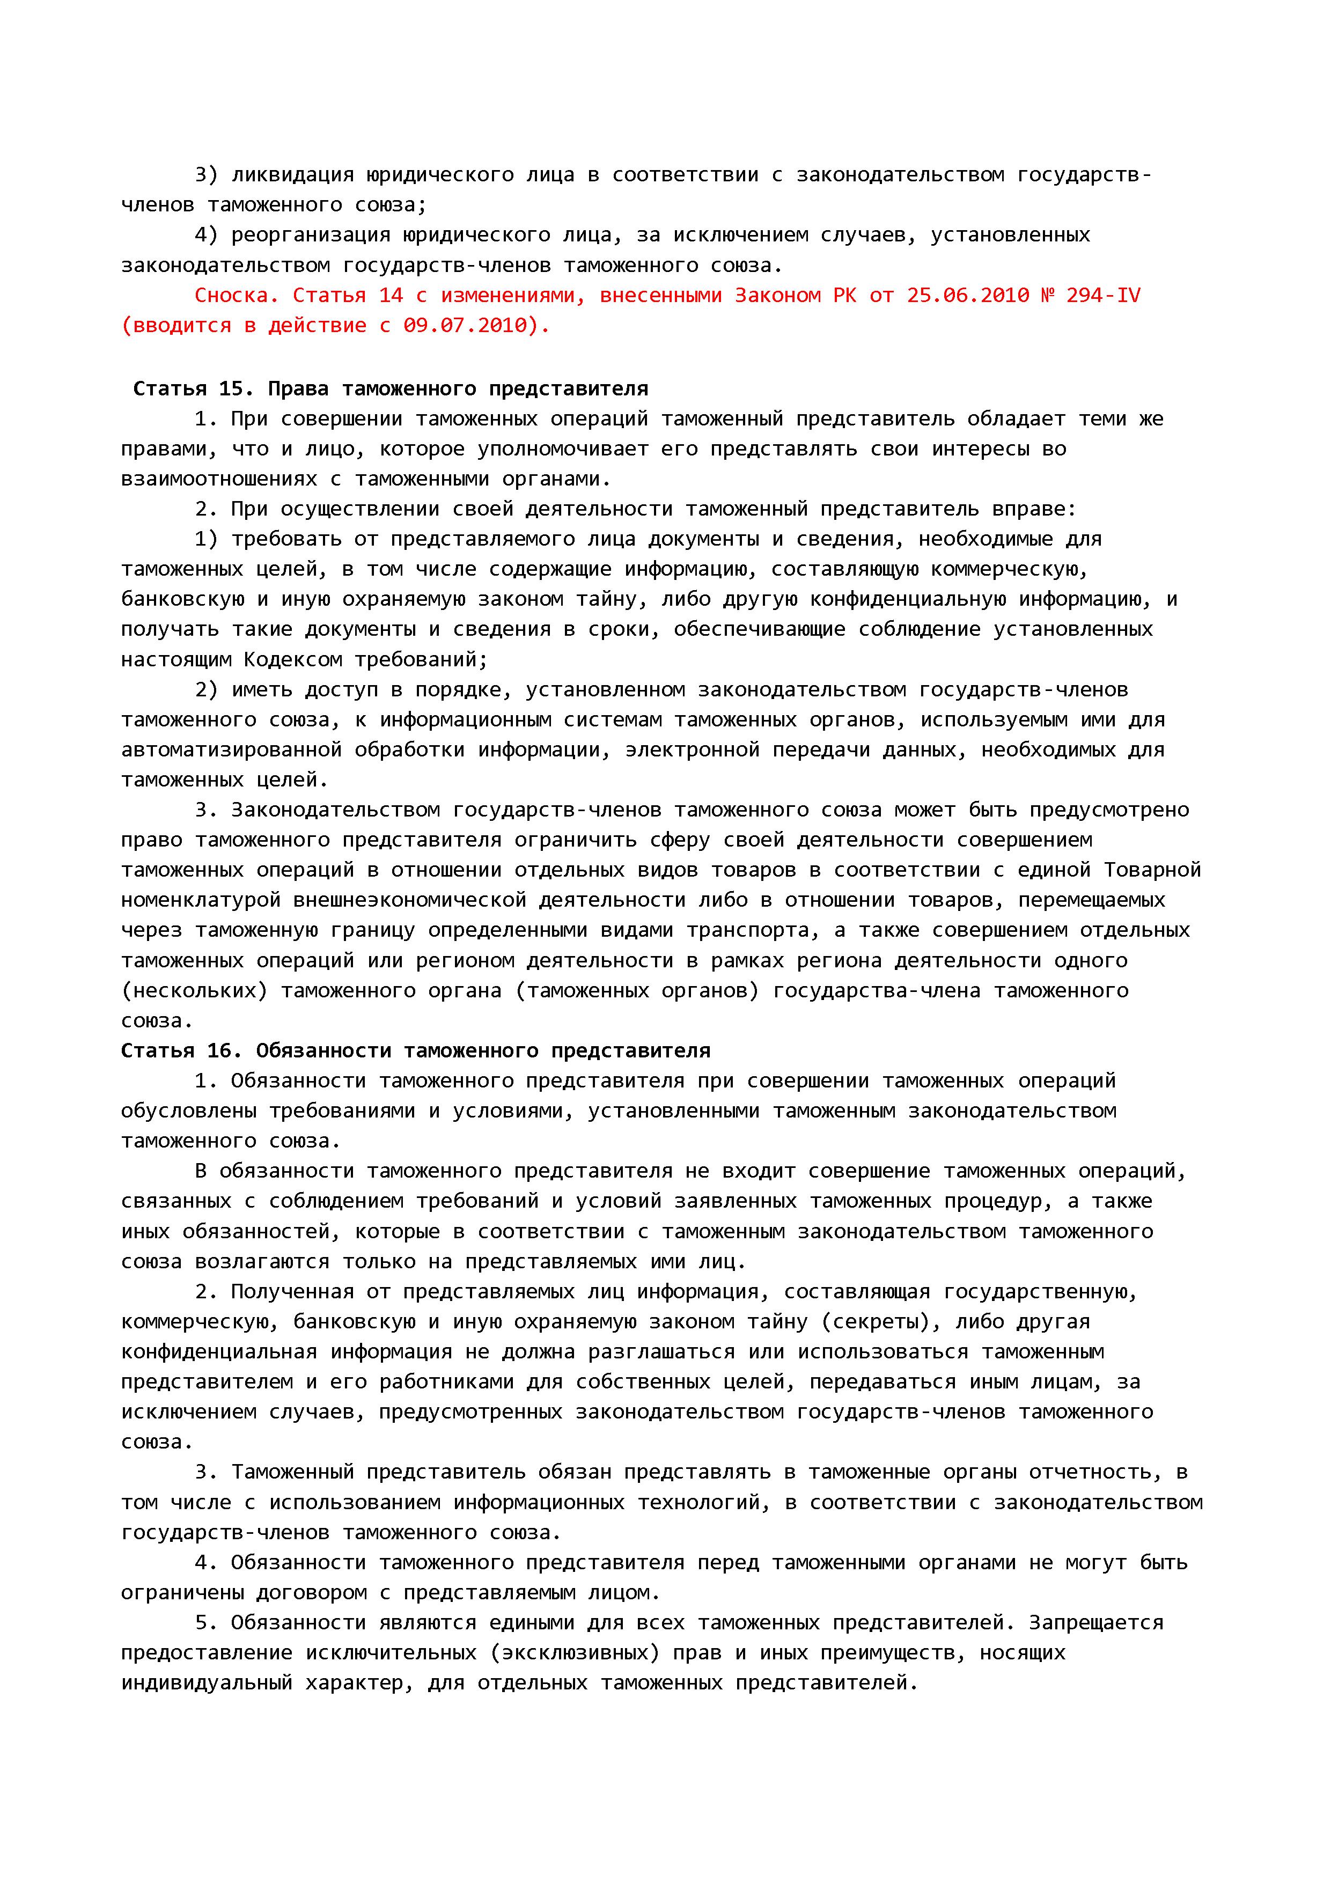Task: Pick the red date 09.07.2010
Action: point(464,326)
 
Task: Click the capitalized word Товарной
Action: point(1152,870)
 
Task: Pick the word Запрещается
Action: point(1096,1622)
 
